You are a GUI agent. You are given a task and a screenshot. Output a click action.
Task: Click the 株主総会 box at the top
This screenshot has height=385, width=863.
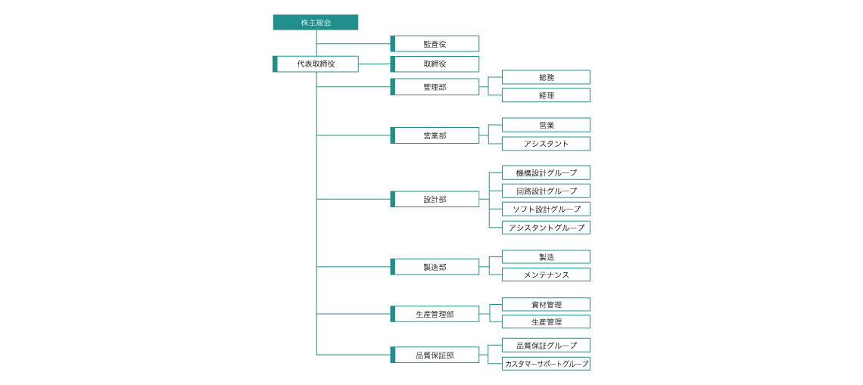(x=316, y=23)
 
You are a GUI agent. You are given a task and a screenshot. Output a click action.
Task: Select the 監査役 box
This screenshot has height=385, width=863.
(x=435, y=43)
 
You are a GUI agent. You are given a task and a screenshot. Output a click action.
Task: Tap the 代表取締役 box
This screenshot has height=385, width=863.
(x=316, y=64)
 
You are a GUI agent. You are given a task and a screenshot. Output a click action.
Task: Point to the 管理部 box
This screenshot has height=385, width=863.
(x=435, y=87)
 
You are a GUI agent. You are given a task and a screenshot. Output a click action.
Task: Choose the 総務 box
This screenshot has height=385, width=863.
(x=547, y=78)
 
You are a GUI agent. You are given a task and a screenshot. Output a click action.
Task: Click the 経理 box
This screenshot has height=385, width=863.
(x=547, y=95)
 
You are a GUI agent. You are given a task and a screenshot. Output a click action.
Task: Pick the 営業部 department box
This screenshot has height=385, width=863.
(x=435, y=135)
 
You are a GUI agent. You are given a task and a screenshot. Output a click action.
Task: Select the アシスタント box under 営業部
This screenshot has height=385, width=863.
(x=547, y=144)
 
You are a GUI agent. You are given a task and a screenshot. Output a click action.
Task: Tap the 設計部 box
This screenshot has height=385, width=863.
(x=435, y=199)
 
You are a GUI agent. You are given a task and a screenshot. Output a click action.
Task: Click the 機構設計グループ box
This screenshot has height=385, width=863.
(x=547, y=172)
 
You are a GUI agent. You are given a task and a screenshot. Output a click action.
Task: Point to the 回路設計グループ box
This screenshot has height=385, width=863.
(x=547, y=191)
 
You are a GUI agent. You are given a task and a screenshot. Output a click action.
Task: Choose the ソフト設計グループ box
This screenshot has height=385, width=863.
(x=547, y=209)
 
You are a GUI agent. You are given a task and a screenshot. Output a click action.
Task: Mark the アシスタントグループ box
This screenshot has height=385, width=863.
(x=547, y=227)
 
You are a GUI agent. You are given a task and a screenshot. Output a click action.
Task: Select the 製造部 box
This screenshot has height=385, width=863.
(x=435, y=267)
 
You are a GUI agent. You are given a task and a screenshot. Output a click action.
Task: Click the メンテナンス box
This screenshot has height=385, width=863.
(x=547, y=275)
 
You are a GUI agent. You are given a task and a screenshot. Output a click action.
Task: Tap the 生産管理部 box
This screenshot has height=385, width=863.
(x=435, y=314)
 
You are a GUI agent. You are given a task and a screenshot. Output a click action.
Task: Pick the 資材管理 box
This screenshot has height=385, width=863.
(x=547, y=304)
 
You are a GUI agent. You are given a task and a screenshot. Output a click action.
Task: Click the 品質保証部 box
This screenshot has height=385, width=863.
(x=435, y=355)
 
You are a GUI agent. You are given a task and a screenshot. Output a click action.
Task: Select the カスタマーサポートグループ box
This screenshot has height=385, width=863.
(x=547, y=364)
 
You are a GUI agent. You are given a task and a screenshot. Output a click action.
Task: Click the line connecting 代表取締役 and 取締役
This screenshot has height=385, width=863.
(x=375, y=64)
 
